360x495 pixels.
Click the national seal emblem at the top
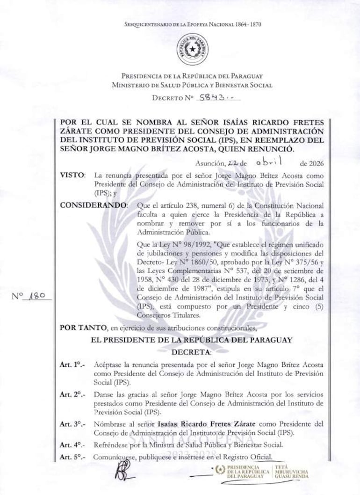click(x=192, y=49)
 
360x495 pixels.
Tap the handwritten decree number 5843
click(x=213, y=98)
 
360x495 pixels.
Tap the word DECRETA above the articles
click(x=192, y=351)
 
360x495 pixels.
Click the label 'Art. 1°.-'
click(x=72, y=364)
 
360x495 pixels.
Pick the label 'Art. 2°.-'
click(x=72, y=395)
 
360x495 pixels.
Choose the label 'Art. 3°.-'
click(x=72, y=424)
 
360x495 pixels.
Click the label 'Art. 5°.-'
click(x=72, y=457)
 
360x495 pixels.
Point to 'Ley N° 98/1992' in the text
click(x=170, y=245)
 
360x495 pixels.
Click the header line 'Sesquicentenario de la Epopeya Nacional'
click(x=192, y=24)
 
